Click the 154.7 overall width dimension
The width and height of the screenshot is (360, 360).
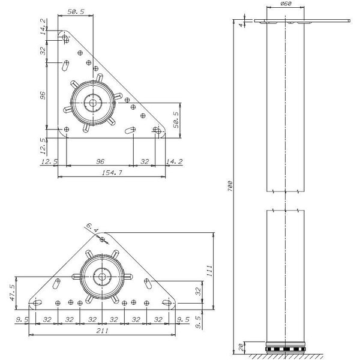point(112,172)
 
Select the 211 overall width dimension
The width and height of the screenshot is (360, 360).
point(102,331)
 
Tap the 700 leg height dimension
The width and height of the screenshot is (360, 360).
point(230,186)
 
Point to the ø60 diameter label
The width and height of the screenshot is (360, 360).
point(286,4)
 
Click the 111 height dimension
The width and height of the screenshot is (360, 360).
point(209,271)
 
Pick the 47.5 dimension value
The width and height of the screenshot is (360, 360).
point(12,293)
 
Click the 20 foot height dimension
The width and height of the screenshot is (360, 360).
point(241,347)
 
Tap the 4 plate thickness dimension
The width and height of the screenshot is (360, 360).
point(241,25)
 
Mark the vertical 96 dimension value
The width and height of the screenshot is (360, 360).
point(43,95)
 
